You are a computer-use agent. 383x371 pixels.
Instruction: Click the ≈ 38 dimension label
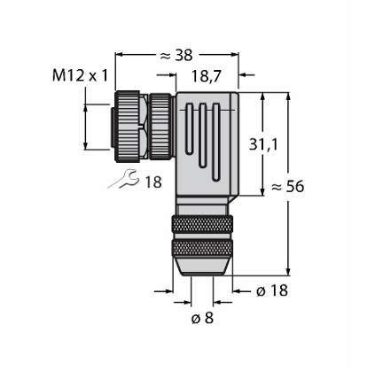coord(176,55)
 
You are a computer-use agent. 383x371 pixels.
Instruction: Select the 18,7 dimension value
coord(206,76)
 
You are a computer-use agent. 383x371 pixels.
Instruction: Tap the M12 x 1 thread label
coord(80,75)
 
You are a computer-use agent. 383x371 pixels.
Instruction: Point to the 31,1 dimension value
coord(263,144)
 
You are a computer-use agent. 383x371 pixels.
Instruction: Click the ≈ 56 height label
coord(287,186)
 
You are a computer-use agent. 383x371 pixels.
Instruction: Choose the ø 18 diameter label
coord(272,290)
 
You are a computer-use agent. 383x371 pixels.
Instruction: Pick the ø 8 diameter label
coord(202,318)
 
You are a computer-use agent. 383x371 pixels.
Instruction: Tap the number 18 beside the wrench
coord(153,182)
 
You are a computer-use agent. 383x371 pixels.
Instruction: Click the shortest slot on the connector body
coord(189,128)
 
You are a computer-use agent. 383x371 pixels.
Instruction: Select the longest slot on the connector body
coord(216,142)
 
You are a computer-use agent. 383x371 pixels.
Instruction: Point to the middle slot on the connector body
coord(202,135)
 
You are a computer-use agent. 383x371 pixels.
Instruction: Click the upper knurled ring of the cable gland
coord(202,225)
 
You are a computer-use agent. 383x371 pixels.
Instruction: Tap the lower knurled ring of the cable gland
coord(202,249)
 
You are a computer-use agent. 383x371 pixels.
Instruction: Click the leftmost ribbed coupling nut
coord(128,127)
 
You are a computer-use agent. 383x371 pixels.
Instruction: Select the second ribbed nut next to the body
coord(160,126)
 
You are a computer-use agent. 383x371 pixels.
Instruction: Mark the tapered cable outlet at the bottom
coord(202,267)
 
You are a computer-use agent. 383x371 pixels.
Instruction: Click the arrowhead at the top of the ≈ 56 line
coord(288,96)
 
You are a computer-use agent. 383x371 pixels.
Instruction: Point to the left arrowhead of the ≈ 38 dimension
coord(119,54)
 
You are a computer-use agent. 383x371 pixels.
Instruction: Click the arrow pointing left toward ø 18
coord(238,291)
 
